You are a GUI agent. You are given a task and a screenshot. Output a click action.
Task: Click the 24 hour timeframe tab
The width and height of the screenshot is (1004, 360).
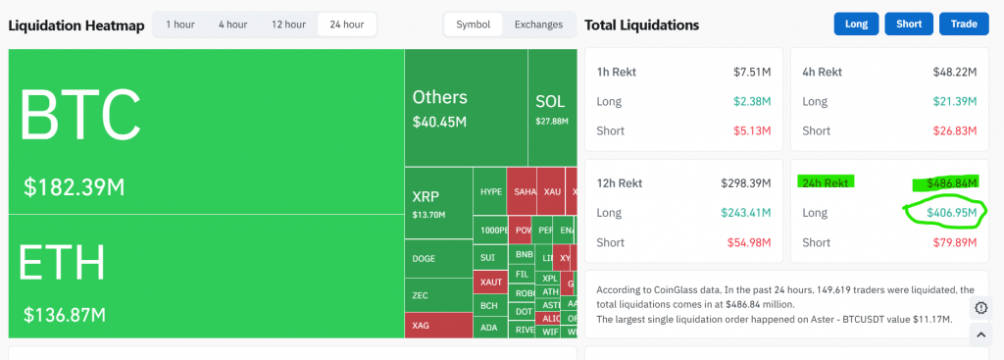pos(347,25)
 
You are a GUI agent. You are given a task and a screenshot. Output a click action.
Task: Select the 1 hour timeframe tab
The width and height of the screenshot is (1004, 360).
pos(179,25)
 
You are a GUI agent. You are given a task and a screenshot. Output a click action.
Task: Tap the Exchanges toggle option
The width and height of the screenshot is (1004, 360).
pos(538,25)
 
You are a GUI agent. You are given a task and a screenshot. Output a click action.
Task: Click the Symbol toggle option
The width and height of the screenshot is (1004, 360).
pos(474,25)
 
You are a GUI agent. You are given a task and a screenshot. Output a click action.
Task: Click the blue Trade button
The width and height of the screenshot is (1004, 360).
pos(964,25)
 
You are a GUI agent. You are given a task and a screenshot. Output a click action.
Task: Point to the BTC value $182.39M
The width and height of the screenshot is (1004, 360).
pos(74,186)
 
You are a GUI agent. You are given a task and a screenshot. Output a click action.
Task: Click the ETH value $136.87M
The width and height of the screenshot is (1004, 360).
pos(65,315)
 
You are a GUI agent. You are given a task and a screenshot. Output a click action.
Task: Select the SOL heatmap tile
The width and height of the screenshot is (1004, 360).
pos(552,108)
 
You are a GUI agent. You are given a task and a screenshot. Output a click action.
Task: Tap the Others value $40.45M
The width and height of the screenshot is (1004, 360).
pos(439,122)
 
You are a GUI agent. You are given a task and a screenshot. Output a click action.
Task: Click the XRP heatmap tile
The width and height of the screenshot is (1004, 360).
pos(437,202)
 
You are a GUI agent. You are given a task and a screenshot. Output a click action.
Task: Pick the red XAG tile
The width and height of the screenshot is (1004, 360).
pos(437,325)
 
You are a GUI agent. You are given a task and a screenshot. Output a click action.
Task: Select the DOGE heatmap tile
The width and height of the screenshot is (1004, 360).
pos(437,259)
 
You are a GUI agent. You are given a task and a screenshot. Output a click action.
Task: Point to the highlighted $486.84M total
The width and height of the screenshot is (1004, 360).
pos(948,182)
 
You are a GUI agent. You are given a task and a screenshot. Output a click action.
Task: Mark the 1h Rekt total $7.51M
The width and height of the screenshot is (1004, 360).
pos(752,72)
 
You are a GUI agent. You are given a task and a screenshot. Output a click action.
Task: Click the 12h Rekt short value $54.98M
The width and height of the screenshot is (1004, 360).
pos(750,242)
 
